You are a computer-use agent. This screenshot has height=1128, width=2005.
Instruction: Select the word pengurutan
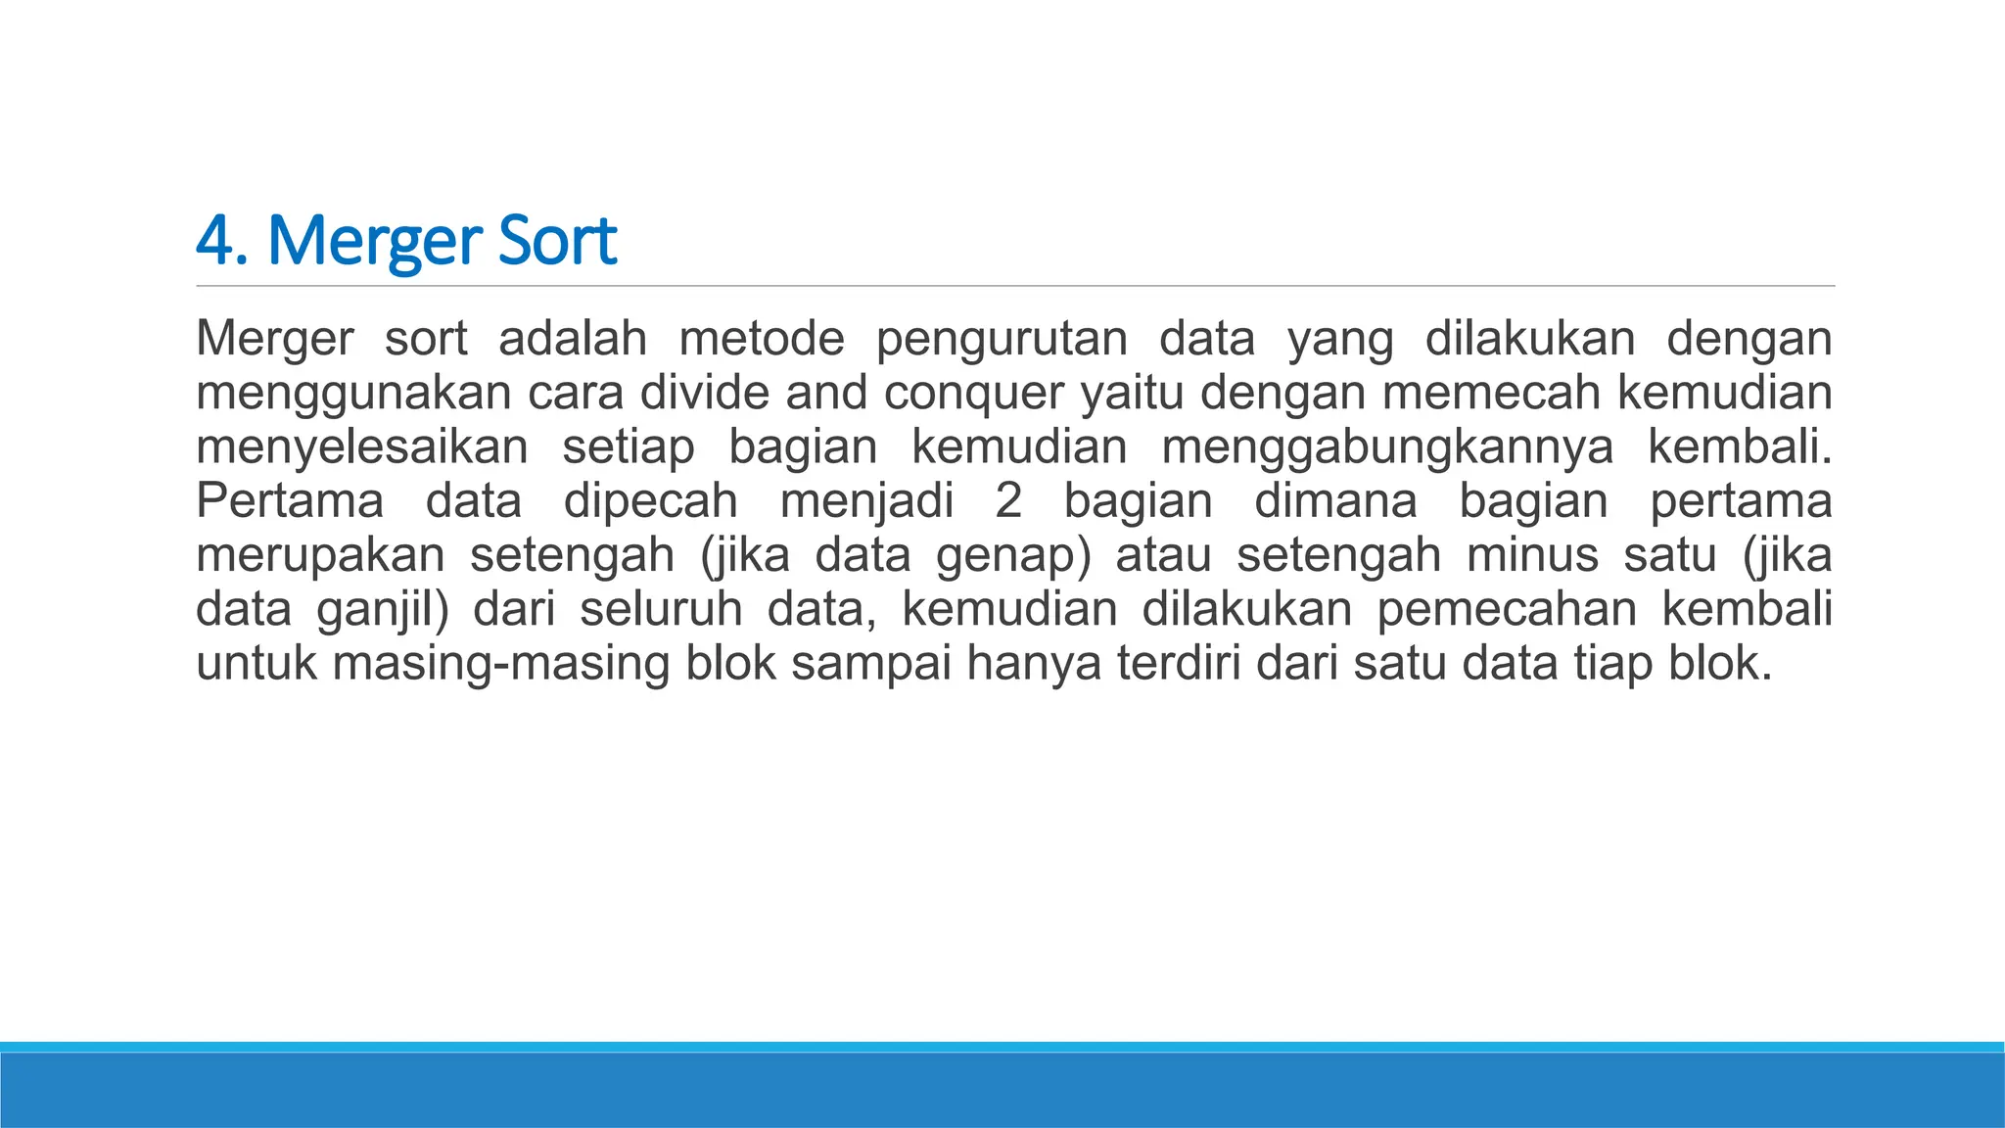(1001, 340)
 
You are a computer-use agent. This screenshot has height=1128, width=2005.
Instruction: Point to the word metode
(761, 339)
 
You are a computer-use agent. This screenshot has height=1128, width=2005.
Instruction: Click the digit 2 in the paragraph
(1008, 501)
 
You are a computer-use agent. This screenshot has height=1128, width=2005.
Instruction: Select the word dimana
(1335, 501)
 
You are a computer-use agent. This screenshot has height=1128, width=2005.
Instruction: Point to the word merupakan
(320, 556)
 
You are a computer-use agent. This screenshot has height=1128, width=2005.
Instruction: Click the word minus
(1532, 555)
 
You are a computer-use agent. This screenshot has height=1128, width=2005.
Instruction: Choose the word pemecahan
(1507, 610)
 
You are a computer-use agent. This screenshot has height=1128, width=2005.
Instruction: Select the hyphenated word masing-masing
(501, 664)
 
